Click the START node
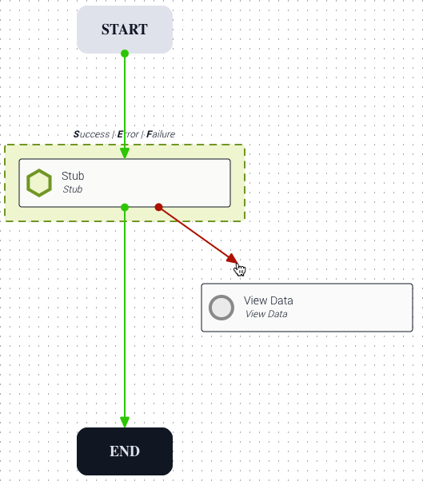click(125, 30)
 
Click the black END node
click(125, 451)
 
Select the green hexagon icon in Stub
click(39, 183)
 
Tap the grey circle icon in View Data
click(221, 308)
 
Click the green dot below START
click(125, 54)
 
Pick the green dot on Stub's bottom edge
click(125, 208)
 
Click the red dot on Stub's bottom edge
click(158, 208)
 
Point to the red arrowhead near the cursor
click(233, 258)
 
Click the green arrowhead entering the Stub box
click(125, 153)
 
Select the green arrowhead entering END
click(125, 422)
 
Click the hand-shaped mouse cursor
click(240, 269)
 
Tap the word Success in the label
click(91, 134)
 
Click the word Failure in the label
click(161, 134)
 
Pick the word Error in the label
click(128, 134)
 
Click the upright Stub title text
click(73, 176)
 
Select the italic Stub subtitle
click(73, 189)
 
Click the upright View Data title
click(269, 300)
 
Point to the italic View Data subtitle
click(266, 314)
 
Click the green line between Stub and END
click(125, 315)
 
